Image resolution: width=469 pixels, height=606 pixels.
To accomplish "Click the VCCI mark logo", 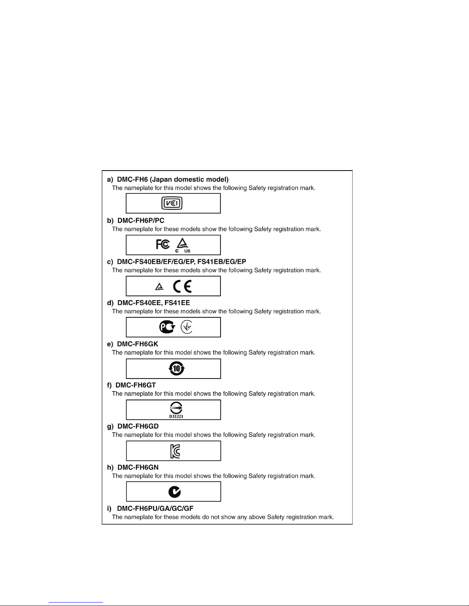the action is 172,203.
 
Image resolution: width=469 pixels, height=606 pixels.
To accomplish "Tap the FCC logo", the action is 163,244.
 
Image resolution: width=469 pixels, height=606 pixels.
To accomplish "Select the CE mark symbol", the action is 182,286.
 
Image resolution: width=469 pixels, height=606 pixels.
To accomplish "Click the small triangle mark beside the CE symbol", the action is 159,287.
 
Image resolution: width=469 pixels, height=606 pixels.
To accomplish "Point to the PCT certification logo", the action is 167,327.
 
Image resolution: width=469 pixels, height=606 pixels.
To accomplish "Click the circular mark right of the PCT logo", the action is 186,327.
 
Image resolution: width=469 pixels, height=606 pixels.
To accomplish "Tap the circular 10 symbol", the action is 177,369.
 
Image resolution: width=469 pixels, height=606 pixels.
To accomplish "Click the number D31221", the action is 176,416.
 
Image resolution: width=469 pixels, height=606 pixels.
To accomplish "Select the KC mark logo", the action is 175,451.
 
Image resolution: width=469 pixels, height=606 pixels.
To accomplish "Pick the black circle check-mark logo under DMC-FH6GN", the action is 175,492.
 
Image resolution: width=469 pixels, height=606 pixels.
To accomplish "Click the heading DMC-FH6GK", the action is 137,344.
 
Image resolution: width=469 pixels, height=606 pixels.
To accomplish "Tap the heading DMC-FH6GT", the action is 136,385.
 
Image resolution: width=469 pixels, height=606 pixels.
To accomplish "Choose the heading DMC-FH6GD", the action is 138,426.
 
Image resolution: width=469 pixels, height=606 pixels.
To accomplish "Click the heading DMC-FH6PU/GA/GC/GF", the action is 155,509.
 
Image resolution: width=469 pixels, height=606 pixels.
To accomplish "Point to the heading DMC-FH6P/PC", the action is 141,221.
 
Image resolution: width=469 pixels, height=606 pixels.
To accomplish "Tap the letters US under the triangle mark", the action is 187,251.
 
